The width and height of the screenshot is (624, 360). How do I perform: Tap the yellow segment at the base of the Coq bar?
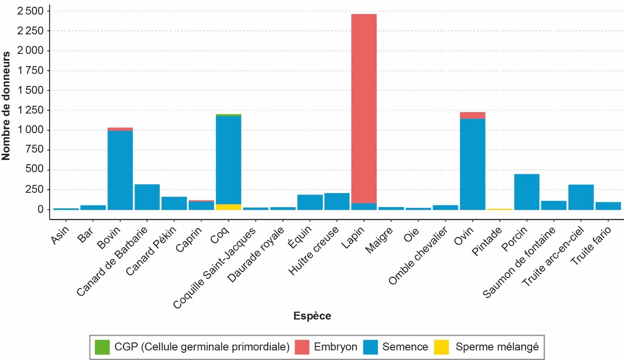click(229, 207)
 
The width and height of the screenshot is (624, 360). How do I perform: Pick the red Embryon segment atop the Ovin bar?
click(472, 115)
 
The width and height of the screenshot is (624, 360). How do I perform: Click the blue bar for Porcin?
click(526, 192)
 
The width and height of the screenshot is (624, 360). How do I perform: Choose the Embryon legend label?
click(336, 346)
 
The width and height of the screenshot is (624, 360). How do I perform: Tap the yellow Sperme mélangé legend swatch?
click(441, 346)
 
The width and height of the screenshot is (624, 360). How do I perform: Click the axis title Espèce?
click(312, 316)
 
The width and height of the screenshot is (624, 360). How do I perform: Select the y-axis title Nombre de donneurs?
click(6, 106)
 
